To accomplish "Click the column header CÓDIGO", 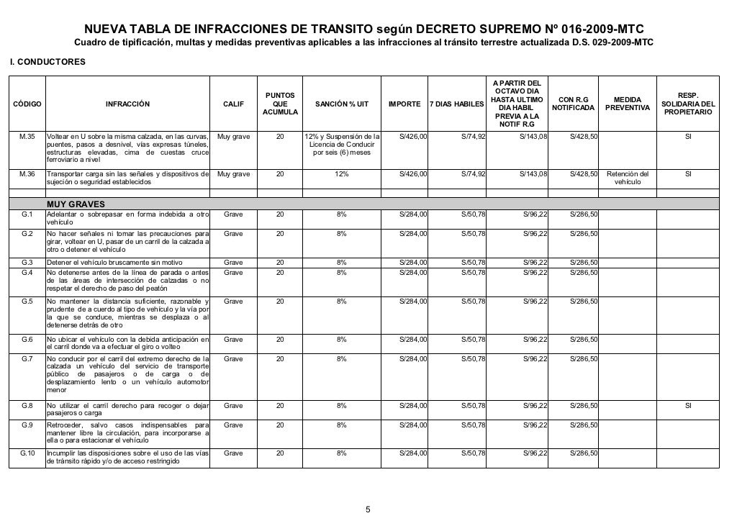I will (26, 104).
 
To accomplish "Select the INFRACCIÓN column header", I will (127, 104).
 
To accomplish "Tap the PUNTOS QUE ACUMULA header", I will (279, 104).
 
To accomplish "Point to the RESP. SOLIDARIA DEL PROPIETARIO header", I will (687, 104).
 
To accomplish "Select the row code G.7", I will (26, 358).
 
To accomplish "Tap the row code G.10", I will (26, 453).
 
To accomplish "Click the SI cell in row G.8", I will (688, 406).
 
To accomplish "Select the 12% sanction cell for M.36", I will (342, 174).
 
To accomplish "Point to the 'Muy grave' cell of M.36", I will (233, 174).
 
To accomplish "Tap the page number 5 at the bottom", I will (368, 510).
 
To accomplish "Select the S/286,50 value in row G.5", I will (584, 302).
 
